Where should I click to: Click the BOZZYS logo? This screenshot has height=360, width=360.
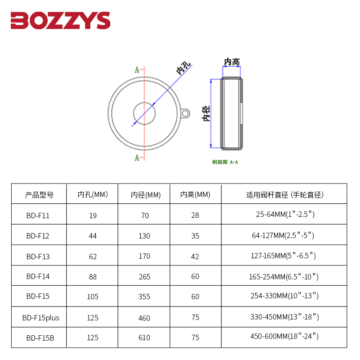[60, 20]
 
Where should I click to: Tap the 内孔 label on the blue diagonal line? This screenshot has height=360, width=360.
[184, 68]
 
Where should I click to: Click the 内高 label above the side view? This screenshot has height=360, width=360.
[232, 62]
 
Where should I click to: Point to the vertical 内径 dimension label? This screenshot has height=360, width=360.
[206, 113]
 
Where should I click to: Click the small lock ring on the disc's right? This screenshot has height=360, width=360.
[185, 113]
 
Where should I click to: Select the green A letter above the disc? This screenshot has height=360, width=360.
[137, 70]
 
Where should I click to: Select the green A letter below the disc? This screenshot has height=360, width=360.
[137, 158]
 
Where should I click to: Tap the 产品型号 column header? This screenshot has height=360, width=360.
[39, 195]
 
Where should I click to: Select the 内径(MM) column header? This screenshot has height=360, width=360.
[145, 195]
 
